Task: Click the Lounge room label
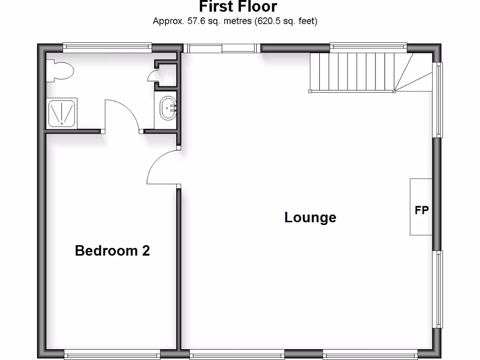point(310,217)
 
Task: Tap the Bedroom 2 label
point(112,251)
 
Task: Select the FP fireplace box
point(421,207)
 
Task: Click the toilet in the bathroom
point(60,71)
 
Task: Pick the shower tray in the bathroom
point(61,113)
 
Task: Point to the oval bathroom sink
point(167,109)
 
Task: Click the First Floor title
point(238,7)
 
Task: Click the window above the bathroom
point(107,46)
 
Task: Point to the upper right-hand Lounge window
point(439,100)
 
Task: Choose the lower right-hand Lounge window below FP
point(439,289)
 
